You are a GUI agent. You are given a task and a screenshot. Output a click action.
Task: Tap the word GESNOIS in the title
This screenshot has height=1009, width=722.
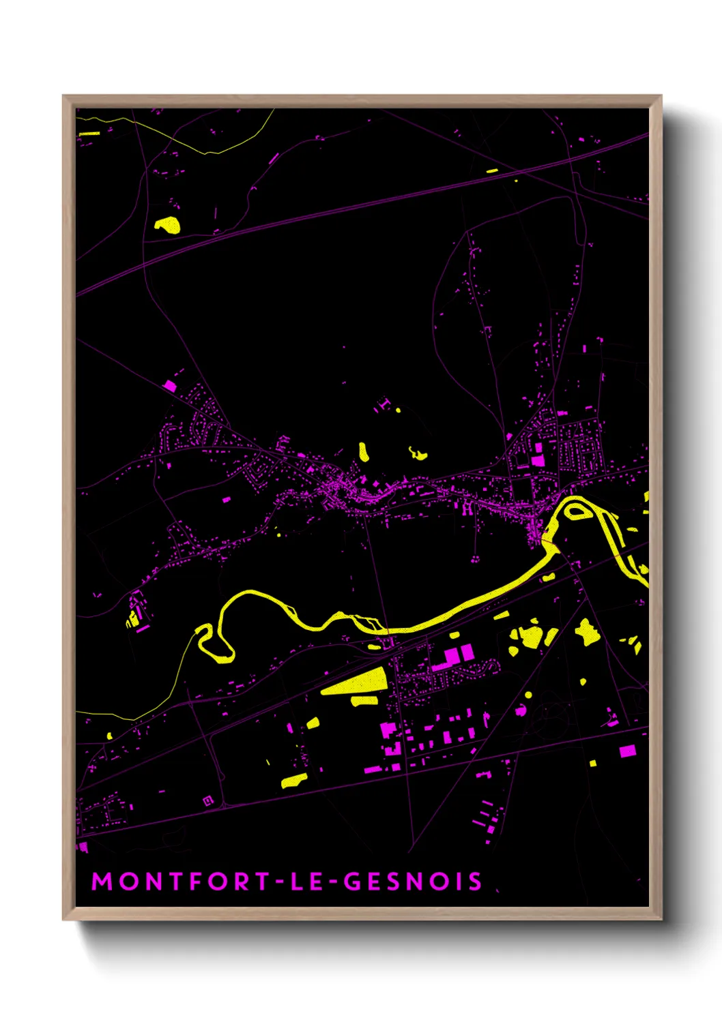point(413,882)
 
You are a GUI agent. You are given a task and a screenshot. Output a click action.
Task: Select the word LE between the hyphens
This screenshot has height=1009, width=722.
point(306,882)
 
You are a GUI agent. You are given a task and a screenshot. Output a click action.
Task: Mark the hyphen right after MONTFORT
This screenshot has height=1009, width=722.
point(280,882)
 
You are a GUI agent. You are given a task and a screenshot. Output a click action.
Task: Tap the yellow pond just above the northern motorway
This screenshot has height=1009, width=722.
point(167,224)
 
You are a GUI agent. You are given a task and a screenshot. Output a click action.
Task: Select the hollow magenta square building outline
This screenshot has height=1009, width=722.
point(208,800)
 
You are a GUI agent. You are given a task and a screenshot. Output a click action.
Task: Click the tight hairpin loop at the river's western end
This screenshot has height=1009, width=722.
point(215,644)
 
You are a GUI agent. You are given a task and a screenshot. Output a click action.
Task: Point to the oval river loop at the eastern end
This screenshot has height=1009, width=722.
point(577,510)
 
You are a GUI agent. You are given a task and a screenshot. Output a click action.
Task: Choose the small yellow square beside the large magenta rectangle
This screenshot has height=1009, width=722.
point(593,763)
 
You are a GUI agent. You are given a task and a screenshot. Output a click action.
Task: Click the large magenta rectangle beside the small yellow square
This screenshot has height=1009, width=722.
point(627,751)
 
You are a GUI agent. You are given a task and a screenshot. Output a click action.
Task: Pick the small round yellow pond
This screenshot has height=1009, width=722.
point(528,695)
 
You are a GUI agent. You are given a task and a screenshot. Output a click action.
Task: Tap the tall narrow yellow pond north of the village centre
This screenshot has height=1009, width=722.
point(364,451)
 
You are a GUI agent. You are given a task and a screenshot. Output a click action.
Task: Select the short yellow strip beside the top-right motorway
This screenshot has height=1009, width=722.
point(492,170)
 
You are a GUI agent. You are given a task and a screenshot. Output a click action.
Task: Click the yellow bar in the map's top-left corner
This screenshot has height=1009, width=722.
point(89,134)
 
